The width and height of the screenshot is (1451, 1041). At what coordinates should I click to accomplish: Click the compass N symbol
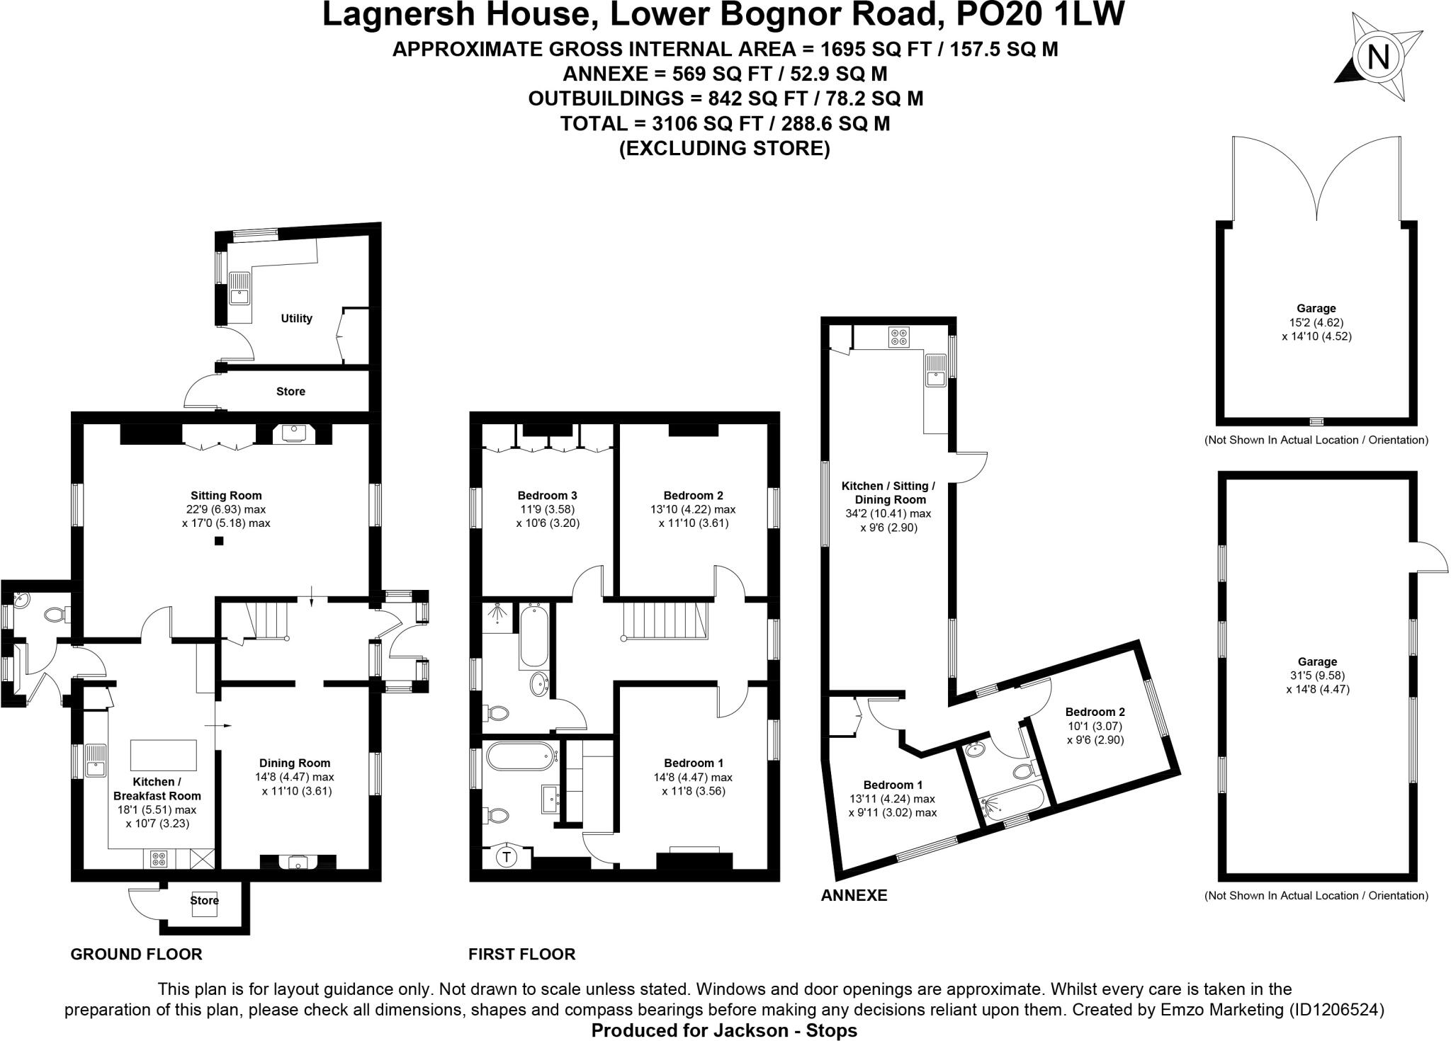pos(1377,57)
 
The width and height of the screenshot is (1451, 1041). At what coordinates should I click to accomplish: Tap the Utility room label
pos(296,319)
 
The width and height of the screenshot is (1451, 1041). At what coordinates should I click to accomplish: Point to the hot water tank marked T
pos(507,858)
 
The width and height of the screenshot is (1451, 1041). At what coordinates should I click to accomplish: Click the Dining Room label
pos(295,763)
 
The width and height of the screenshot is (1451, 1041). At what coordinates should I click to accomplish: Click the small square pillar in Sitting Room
pos(220,542)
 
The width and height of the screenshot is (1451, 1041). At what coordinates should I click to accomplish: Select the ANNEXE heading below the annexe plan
pos(854,895)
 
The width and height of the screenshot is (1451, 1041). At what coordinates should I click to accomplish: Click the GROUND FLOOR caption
pos(137,954)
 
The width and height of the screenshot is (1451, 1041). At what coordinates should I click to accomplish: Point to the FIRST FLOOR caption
pos(522,954)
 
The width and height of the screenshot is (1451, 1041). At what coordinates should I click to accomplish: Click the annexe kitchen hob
pos(900,337)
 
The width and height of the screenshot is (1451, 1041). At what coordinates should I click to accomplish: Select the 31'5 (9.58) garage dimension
pos(1318,675)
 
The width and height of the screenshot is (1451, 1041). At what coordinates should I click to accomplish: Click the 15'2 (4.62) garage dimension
pos(1316,322)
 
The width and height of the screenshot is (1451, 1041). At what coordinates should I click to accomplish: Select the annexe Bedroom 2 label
pos(1095,712)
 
